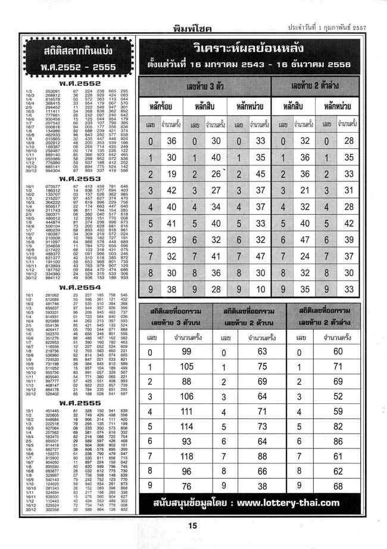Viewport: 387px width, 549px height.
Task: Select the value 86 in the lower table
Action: [339, 441]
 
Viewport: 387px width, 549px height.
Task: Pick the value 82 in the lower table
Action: [339, 426]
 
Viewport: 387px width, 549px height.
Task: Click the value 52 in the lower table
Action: [339, 397]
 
